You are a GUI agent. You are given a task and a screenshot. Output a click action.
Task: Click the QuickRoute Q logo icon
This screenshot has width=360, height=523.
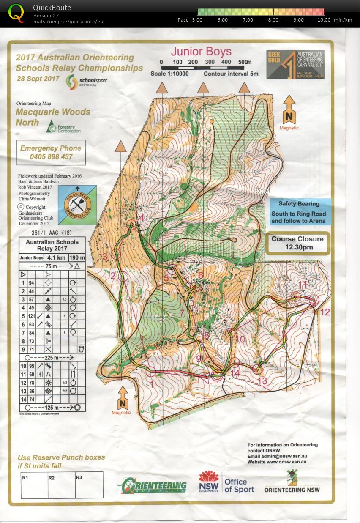16,13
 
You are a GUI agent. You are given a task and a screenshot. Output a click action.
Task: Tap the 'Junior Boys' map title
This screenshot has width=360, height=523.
201,52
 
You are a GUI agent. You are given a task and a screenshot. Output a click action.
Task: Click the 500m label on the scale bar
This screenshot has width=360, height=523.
244,62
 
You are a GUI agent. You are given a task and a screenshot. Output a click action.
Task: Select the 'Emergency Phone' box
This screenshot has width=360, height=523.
51,153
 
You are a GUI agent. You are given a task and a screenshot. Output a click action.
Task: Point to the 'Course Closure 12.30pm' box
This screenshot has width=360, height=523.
298,243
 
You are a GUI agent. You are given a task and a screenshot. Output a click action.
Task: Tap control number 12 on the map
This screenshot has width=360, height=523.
325,312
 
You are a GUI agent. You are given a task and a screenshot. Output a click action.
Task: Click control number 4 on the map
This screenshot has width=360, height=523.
142,218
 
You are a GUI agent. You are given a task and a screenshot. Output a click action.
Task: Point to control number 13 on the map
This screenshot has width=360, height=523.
262,381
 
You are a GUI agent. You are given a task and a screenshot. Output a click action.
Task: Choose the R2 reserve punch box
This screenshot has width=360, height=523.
61,485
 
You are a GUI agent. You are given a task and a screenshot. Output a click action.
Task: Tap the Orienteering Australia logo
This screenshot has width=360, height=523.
152,486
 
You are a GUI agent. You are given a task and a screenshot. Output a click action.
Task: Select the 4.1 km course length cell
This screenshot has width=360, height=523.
54,257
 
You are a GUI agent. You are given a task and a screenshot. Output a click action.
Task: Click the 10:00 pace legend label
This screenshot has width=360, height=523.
325,20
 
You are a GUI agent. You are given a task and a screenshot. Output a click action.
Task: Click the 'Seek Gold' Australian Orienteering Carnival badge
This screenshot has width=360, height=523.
295,64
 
